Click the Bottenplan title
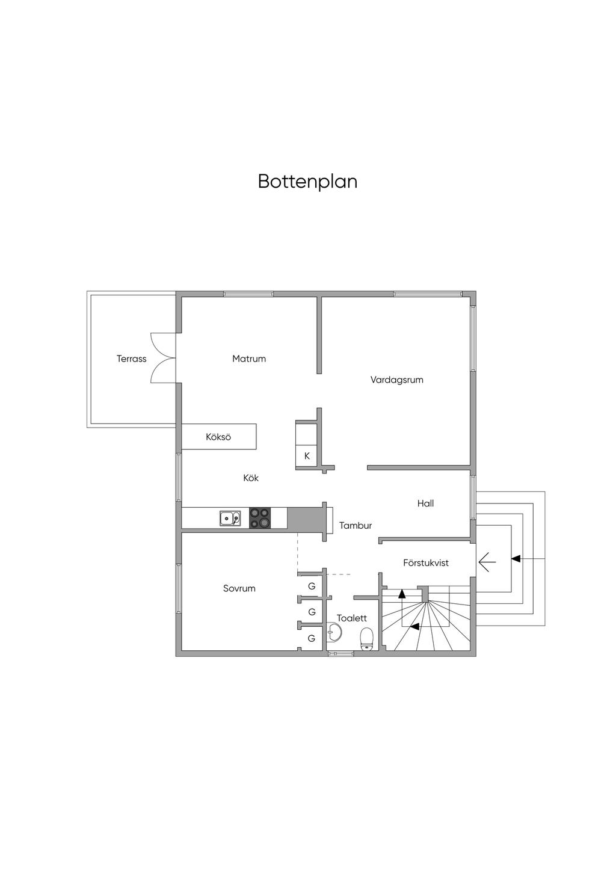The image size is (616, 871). click(x=307, y=181)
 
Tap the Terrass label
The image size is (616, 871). click(x=131, y=359)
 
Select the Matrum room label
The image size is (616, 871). click(x=249, y=359)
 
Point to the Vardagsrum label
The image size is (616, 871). click(x=396, y=380)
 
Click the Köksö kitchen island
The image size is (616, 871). click(x=218, y=437)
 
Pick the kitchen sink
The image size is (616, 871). click(x=230, y=518)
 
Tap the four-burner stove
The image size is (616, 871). click(x=260, y=518)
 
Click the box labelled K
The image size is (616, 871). click(x=307, y=456)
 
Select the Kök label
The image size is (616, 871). click(x=251, y=478)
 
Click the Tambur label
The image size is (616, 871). click(x=356, y=526)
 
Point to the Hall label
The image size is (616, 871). click(x=425, y=503)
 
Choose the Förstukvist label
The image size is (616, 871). click(x=426, y=563)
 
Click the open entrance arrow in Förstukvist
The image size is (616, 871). click(x=487, y=562)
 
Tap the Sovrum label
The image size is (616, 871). click(x=239, y=589)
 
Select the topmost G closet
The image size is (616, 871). click(x=312, y=586)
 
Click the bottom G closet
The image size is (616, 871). click(x=312, y=639)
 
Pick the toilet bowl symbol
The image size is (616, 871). click(x=367, y=638)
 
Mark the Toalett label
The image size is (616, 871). click(x=352, y=618)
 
